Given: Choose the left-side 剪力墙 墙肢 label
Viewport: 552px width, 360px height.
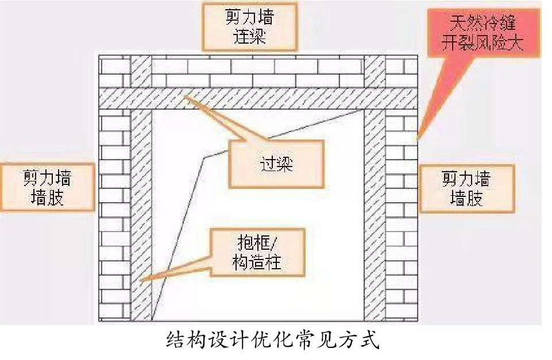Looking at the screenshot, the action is click(x=47, y=186).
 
